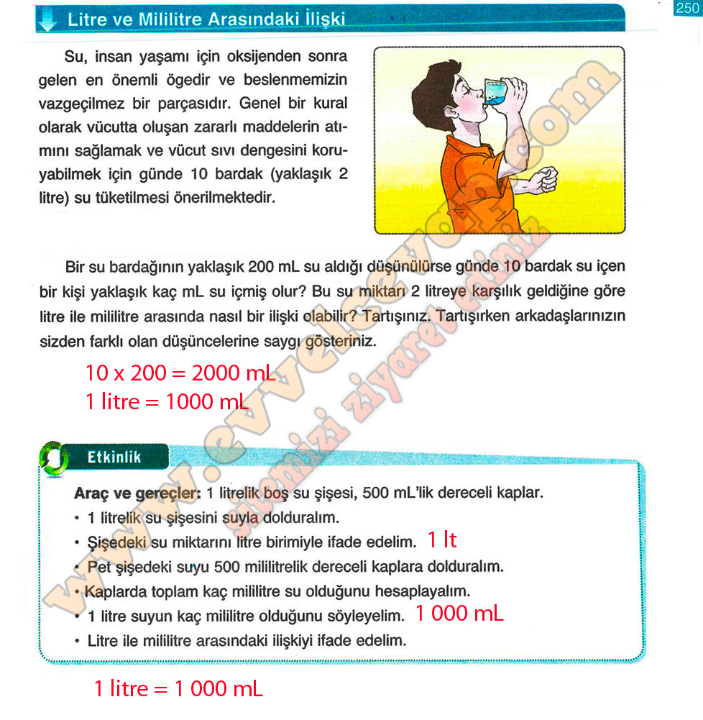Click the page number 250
pyautogui.click(x=687, y=8)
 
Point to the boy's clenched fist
pyautogui.click(x=544, y=178)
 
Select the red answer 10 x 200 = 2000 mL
pyautogui.click(x=180, y=373)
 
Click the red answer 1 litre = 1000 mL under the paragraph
pyautogui.click(x=167, y=401)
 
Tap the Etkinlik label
pyautogui.click(x=114, y=457)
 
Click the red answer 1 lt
pyautogui.click(x=442, y=540)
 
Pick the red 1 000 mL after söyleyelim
pyautogui.click(x=459, y=614)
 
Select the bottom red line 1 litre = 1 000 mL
pyautogui.click(x=178, y=688)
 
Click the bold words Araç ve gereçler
pyautogui.click(x=137, y=494)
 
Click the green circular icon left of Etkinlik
pyautogui.click(x=52, y=458)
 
